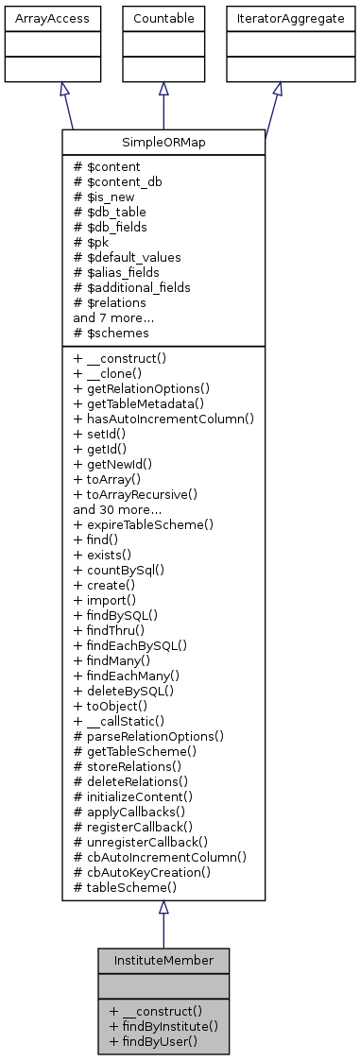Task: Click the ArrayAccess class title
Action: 39,18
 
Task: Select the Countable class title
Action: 163,18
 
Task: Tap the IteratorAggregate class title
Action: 277,18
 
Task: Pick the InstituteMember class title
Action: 163,960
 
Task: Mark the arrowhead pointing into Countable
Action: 163,88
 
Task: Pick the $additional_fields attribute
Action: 131,286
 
